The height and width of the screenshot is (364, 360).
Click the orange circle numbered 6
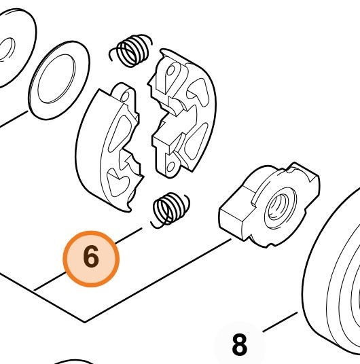[x=91, y=259]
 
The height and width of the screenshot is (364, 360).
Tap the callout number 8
[x=240, y=344]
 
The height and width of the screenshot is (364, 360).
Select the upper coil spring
[x=131, y=51]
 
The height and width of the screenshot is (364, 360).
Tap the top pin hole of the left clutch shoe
[x=126, y=96]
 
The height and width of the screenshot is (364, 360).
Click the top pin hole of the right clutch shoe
[x=171, y=71]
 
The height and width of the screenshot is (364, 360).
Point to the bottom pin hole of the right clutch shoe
[x=170, y=166]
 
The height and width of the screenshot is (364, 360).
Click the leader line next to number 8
[x=280, y=322]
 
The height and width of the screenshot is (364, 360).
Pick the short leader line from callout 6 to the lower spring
[x=129, y=236]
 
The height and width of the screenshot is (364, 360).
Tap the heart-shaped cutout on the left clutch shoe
[x=118, y=183]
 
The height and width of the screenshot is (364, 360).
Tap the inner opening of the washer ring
[x=56, y=79]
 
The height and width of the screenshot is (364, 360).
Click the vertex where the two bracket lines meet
[x=85, y=322]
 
